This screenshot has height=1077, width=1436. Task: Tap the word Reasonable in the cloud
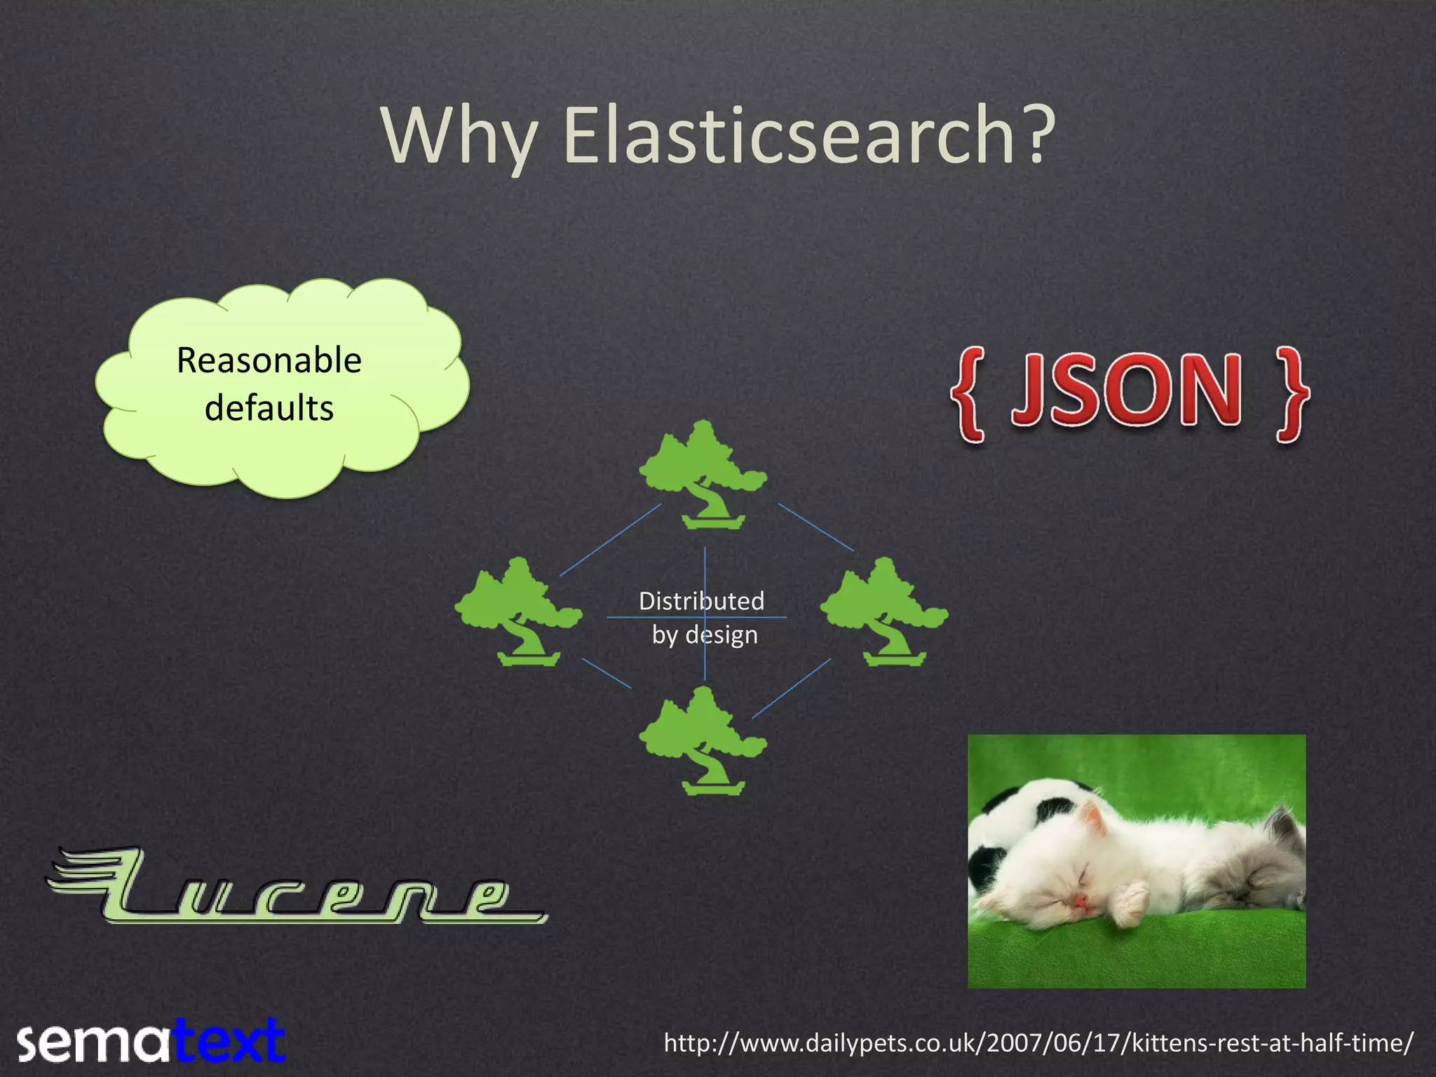pyautogui.click(x=269, y=360)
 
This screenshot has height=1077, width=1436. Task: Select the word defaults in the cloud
pyautogui.click(x=269, y=408)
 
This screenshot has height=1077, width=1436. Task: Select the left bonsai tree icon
pyautogui.click(x=519, y=611)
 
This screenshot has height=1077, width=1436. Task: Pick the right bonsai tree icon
pyautogui.click(x=884, y=611)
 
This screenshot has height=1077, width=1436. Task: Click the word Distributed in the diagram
pyautogui.click(x=701, y=601)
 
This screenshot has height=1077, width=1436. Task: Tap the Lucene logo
pyautogui.click(x=294, y=888)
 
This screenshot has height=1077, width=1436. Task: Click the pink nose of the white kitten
pyautogui.click(x=1083, y=900)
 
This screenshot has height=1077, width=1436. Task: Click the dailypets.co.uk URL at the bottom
pyautogui.click(x=1038, y=1043)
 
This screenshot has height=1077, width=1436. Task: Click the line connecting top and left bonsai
pyautogui.click(x=610, y=540)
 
